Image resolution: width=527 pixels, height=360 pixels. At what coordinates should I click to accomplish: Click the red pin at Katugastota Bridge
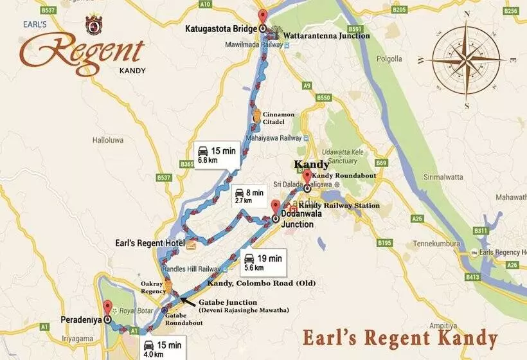tap(262, 17)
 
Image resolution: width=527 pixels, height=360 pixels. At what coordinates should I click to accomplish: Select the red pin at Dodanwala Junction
tap(275, 208)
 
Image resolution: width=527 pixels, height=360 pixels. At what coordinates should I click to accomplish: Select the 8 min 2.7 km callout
tap(248, 195)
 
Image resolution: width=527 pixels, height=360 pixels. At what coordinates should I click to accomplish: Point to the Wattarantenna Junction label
tap(328, 36)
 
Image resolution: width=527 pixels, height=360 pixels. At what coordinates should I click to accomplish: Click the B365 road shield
tap(187, 165)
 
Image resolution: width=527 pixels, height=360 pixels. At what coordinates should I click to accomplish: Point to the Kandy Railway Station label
tap(339, 205)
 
